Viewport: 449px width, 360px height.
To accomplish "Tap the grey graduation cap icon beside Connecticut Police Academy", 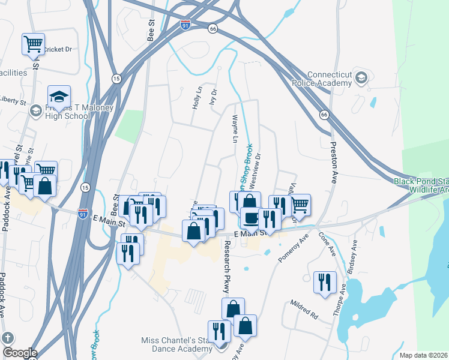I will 361,77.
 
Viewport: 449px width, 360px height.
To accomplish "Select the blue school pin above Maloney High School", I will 59,97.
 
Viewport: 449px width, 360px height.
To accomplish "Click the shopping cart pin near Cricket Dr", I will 33,43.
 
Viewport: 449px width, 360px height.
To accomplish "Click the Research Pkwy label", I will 227,267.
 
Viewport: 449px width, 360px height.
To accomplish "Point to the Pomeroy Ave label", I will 294,247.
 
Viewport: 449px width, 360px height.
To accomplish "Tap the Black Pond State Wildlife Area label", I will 421,185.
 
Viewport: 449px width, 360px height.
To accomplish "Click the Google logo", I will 19,353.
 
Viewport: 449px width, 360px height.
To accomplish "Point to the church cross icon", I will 8,338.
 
